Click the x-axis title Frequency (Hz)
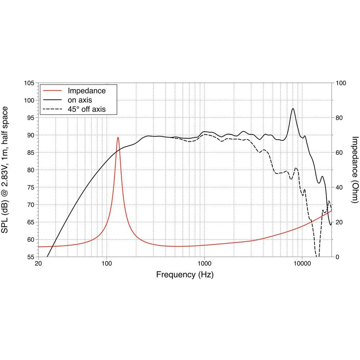[185, 275]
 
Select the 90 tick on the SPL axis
[30, 135]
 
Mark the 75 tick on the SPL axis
[30, 188]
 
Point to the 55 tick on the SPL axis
[30, 257]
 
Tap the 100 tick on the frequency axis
[107, 264]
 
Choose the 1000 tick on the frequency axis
[204, 264]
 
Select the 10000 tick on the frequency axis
[302, 264]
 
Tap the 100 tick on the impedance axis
[341, 83]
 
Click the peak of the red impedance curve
[118, 137]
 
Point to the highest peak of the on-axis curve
[293, 108]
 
